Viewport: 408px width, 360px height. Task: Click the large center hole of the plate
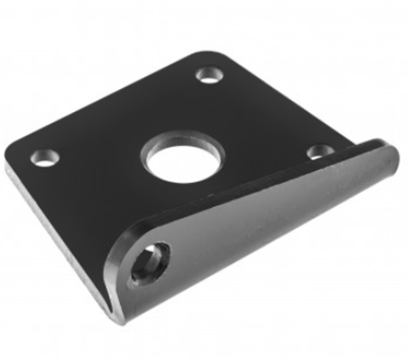point(182,160)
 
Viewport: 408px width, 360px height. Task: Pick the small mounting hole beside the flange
point(319,151)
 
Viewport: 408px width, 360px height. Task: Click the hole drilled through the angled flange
point(149,263)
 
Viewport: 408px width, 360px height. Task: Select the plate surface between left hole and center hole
point(95,160)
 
